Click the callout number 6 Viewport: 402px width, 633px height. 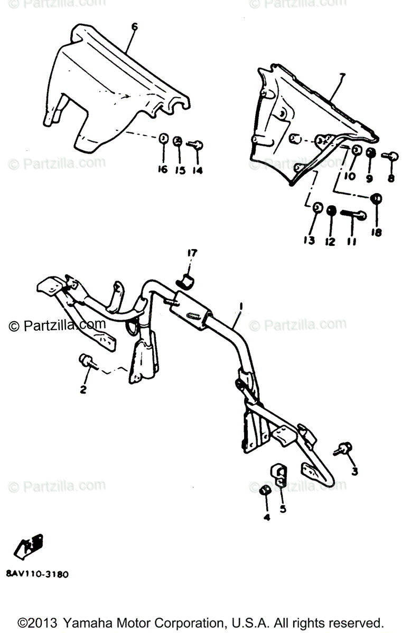coord(134,27)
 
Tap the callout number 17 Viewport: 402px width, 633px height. coord(191,254)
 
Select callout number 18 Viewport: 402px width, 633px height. coord(377,232)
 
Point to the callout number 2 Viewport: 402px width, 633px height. coord(83,390)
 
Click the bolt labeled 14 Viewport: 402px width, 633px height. coord(197,144)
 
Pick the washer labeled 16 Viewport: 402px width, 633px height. coord(164,139)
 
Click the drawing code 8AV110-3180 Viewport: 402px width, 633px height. coord(38,574)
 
